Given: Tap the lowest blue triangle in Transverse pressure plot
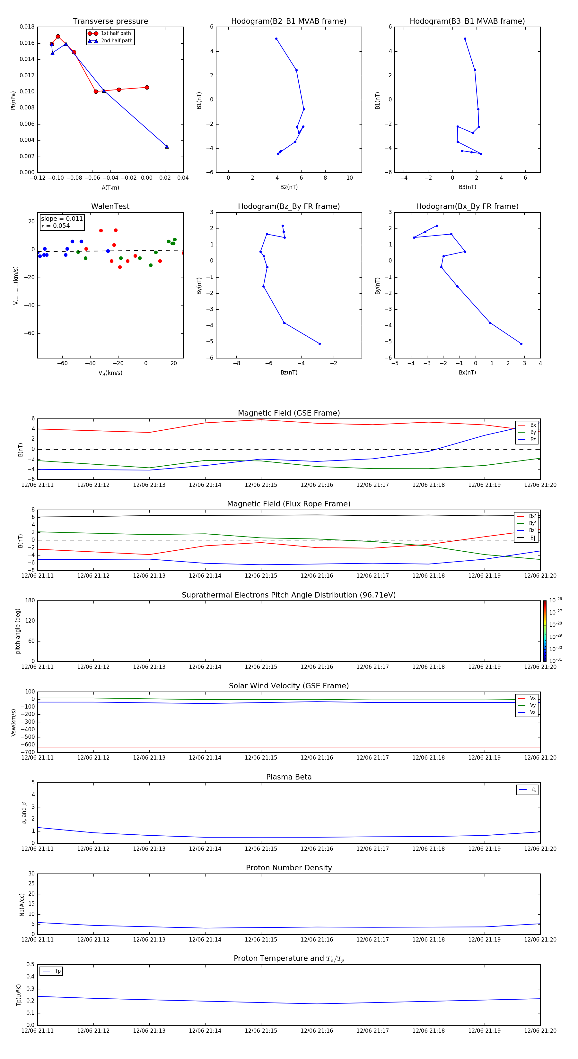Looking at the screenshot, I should pyautogui.click(x=167, y=146).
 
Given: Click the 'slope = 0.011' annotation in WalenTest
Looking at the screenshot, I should pyautogui.click(x=62, y=219).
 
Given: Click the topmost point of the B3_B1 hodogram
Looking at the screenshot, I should pyautogui.click(x=465, y=39).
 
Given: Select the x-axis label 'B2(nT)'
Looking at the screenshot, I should pyautogui.click(x=289, y=187).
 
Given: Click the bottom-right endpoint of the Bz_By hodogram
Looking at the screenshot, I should pyautogui.click(x=320, y=344).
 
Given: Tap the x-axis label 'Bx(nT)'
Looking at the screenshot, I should pyautogui.click(x=467, y=373).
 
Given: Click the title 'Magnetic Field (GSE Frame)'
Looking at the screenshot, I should pyautogui.click(x=289, y=413).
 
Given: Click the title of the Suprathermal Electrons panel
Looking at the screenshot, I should pyautogui.click(x=289, y=595).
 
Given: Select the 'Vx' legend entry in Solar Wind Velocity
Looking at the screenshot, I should pyautogui.click(x=532, y=698).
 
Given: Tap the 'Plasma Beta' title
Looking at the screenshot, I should pyautogui.click(x=289, y=777).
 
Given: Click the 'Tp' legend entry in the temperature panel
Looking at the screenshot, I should pyautogui.click(x=57, y=971).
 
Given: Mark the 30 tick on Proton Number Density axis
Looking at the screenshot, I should pyautogui.click(x=31, y=874).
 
